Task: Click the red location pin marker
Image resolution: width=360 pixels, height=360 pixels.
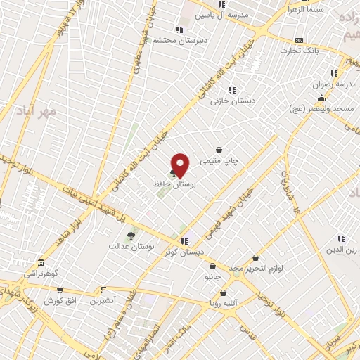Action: (181, 165)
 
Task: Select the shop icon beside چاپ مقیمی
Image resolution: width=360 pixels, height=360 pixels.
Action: (219, 150)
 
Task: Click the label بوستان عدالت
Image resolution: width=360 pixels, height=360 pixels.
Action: (131, 246)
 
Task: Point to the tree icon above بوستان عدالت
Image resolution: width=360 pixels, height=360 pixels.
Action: (130, 236)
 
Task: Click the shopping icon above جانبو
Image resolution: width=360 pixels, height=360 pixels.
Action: (212, 266)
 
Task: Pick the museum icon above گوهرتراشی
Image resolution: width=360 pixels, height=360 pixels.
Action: (41, 262)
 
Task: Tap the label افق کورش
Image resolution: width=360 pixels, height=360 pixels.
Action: (60, 300)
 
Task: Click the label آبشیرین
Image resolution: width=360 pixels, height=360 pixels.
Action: (104, 300)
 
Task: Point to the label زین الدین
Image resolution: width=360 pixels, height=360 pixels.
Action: (341, 250)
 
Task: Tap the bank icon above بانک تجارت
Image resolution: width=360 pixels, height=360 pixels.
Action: (300, 40)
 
